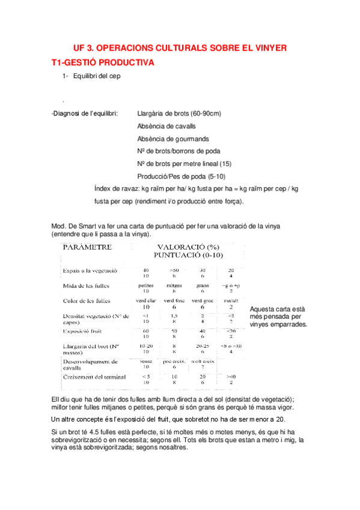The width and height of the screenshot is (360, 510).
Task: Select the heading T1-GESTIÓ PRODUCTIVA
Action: coord(103,62)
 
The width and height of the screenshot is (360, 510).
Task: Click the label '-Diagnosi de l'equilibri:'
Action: coord(85,113)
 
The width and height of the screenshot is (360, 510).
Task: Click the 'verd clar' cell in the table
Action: coord(146,300)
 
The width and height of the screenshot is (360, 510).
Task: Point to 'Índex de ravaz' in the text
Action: coord(116,188)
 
